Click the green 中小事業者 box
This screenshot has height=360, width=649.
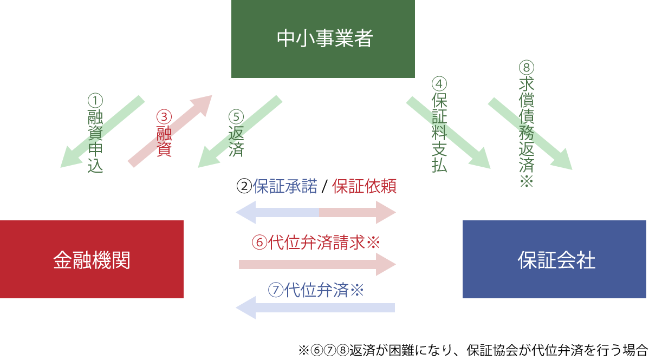pyautogui.click(x=323, y=39)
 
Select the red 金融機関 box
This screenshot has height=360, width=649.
pyautogui.click(x=92, y=259)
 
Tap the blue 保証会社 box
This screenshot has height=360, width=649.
pyautogui.click(x=554, y=259)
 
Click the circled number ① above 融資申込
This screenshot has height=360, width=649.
pyautogui.click(x=95, y=101)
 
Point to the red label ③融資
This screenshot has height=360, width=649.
pyautogui.click(x=164, y=133)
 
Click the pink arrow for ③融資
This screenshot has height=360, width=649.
pyautogui.click(x=170, y=131)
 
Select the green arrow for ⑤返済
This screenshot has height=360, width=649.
pyautogui.click(x=240, y=131)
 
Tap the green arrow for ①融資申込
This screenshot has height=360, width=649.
pyautogui.click(x=102, y=131)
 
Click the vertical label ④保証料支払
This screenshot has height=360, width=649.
pyautogui.click(x=439, y=125)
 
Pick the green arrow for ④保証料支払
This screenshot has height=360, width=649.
pyautogui.click(x=448, y=133)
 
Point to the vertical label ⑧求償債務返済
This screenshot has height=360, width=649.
pyautogui.click(x=527, y=124)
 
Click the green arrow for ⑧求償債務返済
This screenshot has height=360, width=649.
pyautogui.click(x=530, y=133)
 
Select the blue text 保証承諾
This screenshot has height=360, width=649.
pyautogui.click(x=285, y=186)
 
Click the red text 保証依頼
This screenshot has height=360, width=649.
pyautogui.click(x=364, y=186)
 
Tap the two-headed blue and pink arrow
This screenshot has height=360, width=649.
pyautogui.click(x=316, y=212)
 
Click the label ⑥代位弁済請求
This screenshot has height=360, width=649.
pyautogui.click(x=316, y=242)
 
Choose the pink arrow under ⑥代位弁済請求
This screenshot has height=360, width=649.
pyautogui.click(x=317, y=264)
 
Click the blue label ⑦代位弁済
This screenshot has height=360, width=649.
pyautogui.click(x=316, y=290)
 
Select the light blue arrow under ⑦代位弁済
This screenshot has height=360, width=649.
pyautogui.click(x=315, y=308)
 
